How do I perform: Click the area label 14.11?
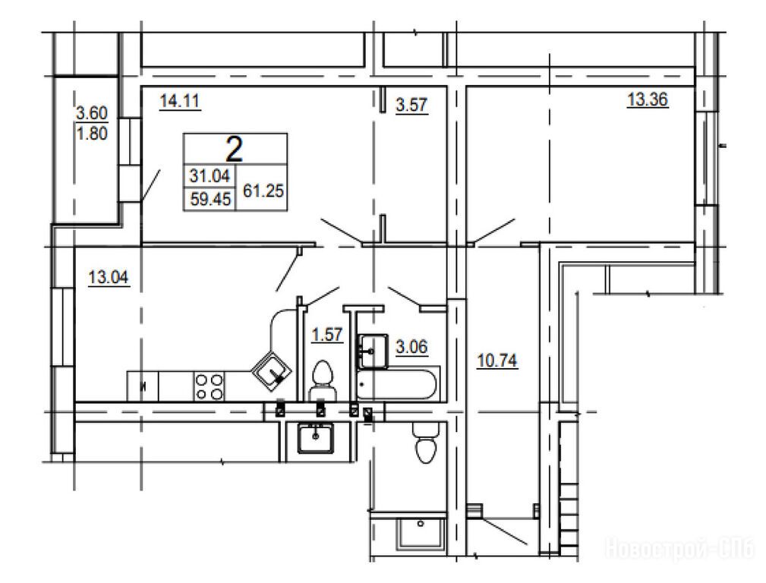(180, 101)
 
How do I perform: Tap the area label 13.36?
(648, 99)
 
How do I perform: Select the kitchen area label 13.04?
(109, 277)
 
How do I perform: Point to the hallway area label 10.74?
(496, 361)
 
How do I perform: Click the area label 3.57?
(411, 105)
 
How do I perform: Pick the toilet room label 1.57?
(326, 335)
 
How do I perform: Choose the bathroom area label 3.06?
(411, 346)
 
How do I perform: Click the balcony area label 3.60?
(92, 113)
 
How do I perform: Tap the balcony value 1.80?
(92, 133)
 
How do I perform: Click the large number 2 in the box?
(234, 149)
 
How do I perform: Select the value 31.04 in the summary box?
(210, 175)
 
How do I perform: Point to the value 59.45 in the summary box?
(210, 199)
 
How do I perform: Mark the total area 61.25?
(263, 191)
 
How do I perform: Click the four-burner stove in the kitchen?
(209, 386)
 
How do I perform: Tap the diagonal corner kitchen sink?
(272, 371)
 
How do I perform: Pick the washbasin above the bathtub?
(374, 351)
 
